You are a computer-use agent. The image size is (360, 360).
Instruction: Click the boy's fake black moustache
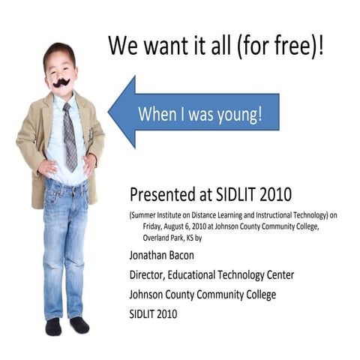[x=61, y=82]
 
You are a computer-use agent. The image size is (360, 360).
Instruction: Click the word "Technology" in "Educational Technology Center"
[x=241, y=274]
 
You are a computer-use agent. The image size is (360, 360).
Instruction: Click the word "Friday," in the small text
[x=154, y=226]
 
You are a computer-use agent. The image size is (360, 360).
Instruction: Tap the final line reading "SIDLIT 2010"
[x=153, y=314]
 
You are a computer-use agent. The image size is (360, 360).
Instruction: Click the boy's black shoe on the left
[x=52, y=327]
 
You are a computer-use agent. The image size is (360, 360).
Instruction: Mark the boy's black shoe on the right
[x=79, y=325]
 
